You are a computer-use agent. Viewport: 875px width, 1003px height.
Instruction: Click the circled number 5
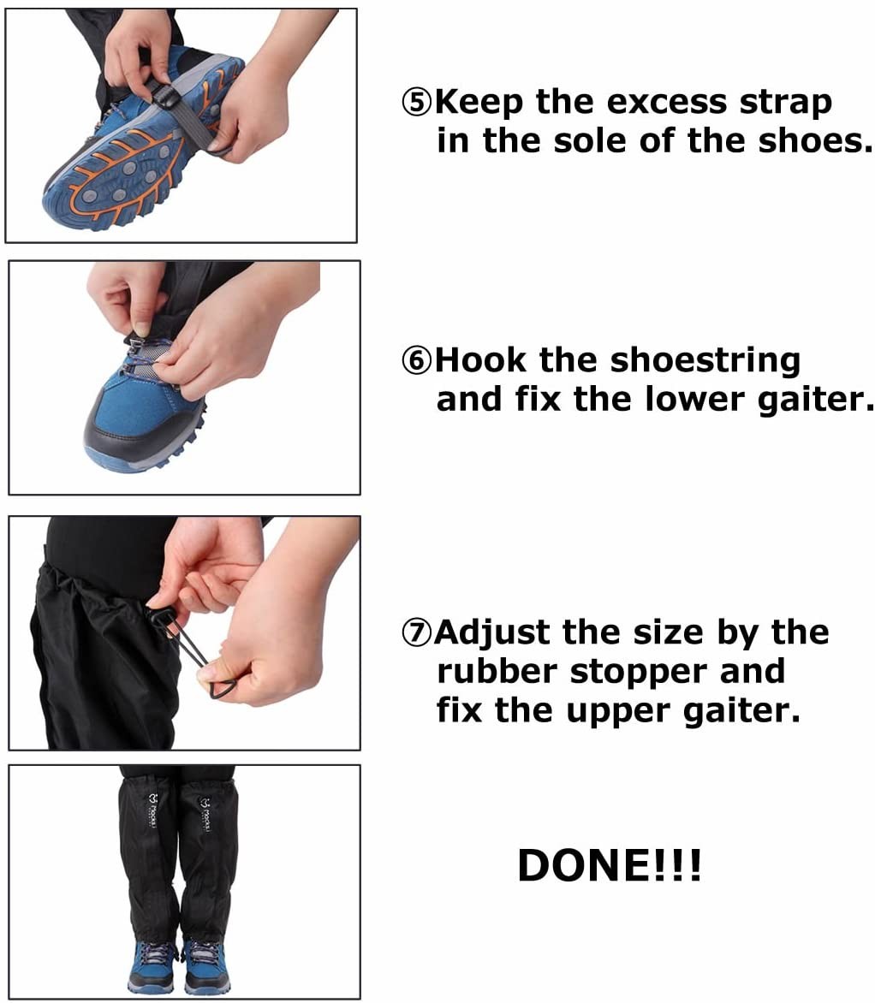click(418, 104)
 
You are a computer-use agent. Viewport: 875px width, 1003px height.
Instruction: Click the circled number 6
click(418, 361)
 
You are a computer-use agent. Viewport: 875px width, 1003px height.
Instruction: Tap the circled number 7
click(418, 634)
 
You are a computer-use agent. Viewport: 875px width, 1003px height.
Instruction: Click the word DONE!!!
click(610, 866)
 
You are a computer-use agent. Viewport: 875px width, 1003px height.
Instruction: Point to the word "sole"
click(593, 140)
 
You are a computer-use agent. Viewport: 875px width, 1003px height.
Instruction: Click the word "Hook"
click(481, 360)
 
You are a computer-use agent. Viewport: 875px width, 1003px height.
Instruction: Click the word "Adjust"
click(491, 634)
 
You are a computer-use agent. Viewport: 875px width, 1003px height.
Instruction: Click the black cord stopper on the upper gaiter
click(158, 615)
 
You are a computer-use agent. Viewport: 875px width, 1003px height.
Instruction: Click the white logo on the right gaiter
click(205, 813)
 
